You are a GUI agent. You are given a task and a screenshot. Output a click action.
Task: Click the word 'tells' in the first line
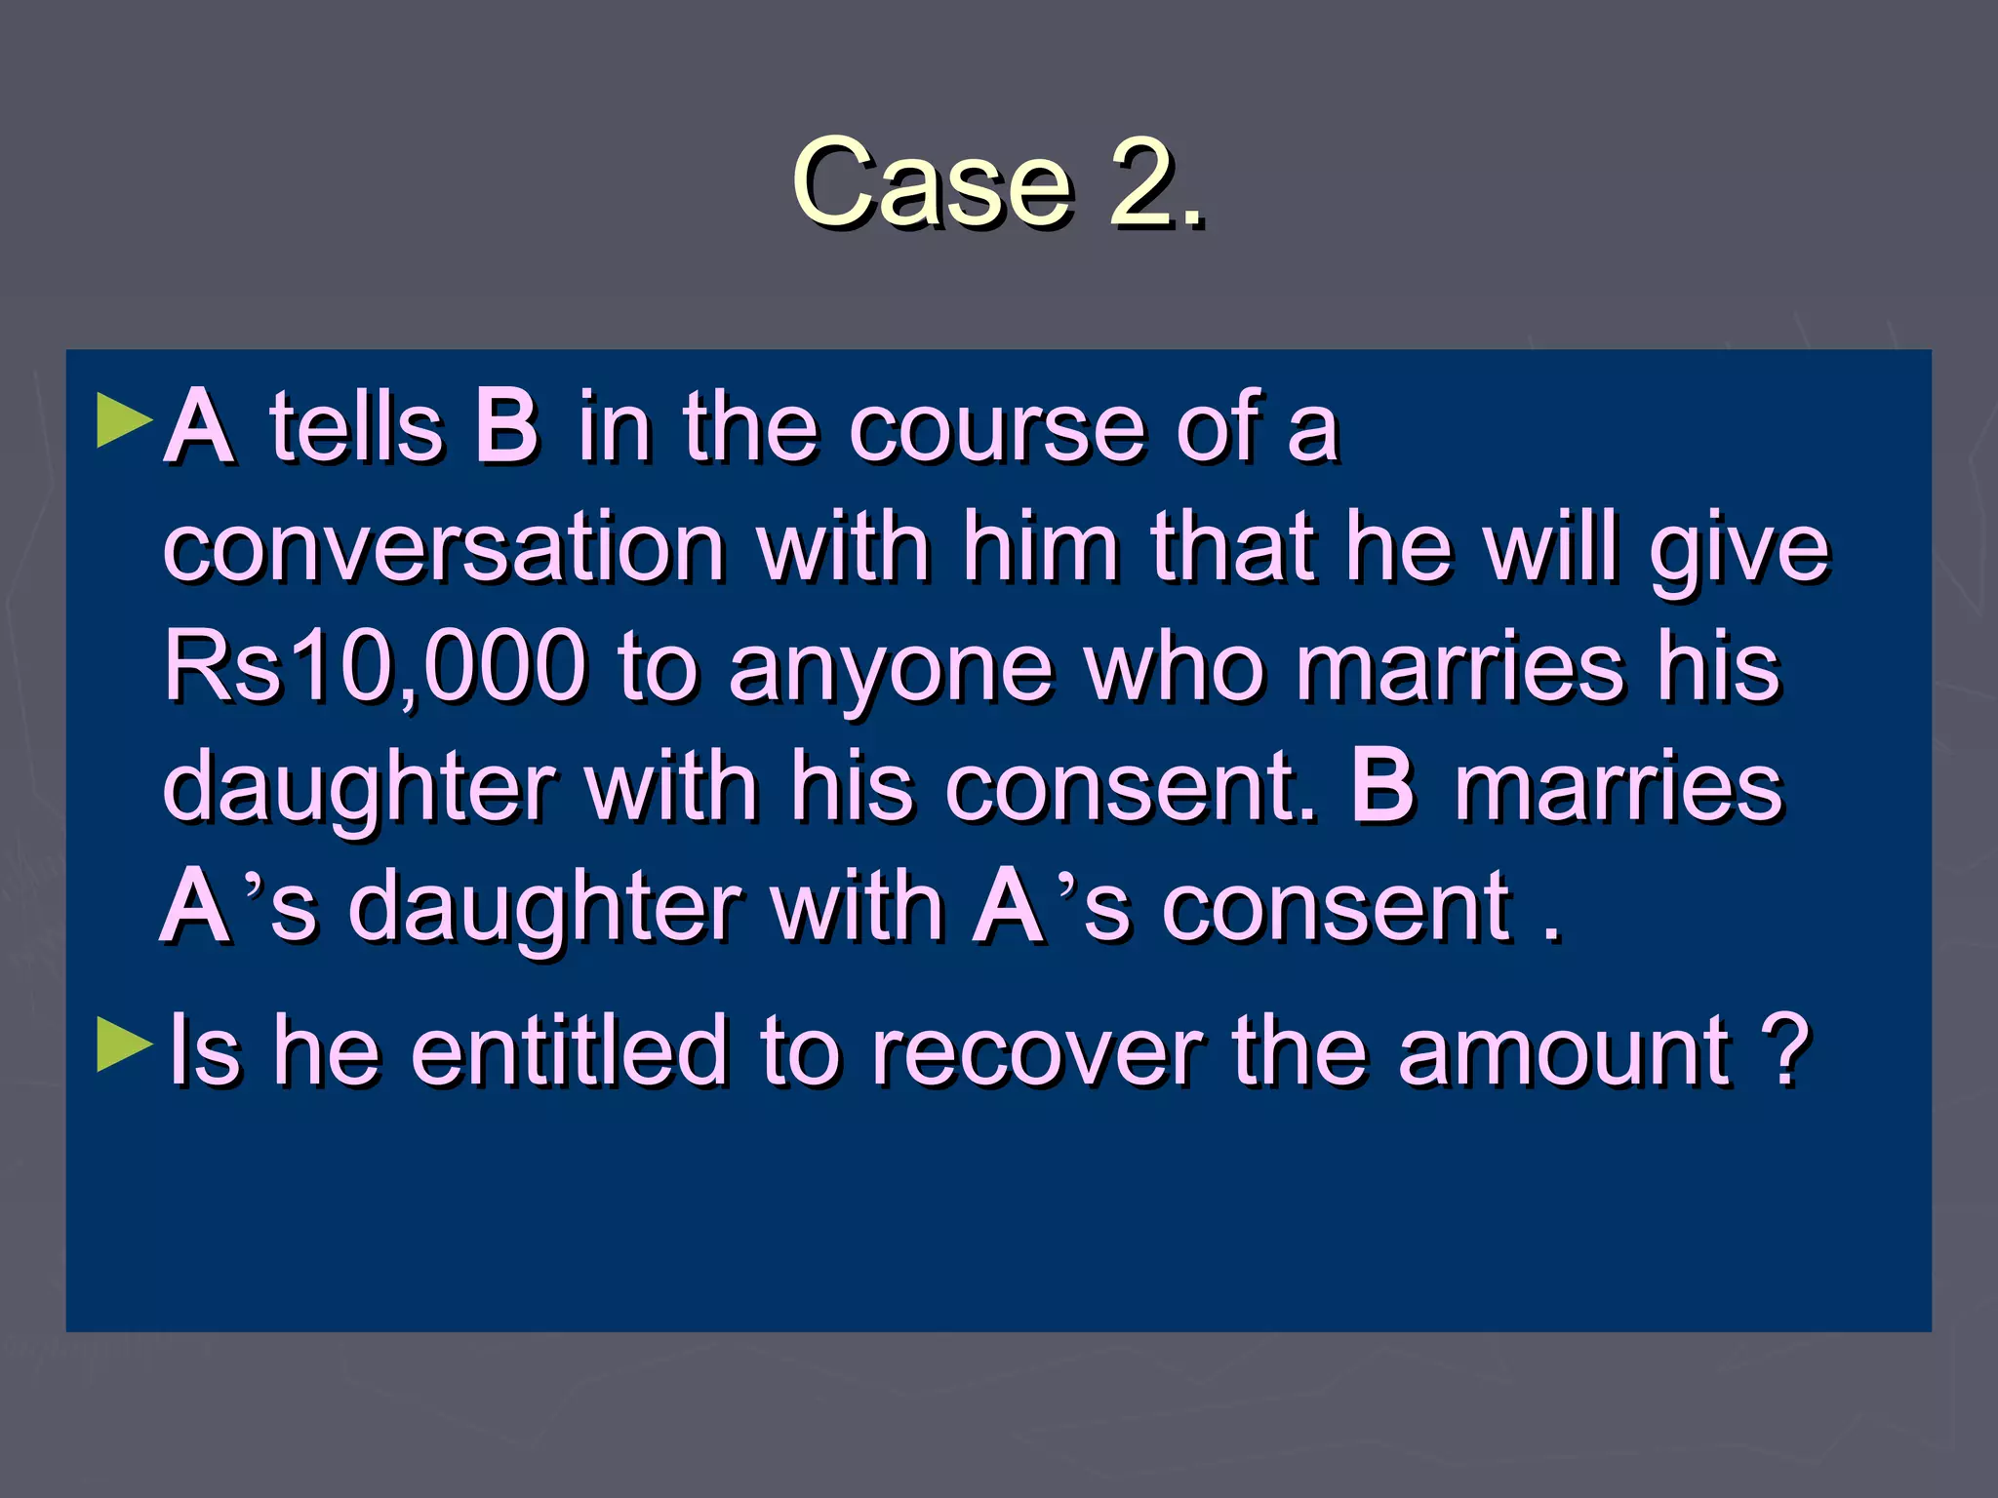[356, 426]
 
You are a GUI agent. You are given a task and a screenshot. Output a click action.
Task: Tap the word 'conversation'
[444, 548]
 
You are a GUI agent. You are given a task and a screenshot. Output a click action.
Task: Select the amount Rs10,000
[376, 668]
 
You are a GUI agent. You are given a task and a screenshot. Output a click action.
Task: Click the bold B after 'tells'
[506, 426]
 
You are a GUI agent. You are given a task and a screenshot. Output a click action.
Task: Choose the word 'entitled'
[570, 1050]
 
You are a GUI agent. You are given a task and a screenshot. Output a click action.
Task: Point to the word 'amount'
[1564, 1050]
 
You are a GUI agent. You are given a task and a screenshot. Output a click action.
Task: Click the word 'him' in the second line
[1040, 546]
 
